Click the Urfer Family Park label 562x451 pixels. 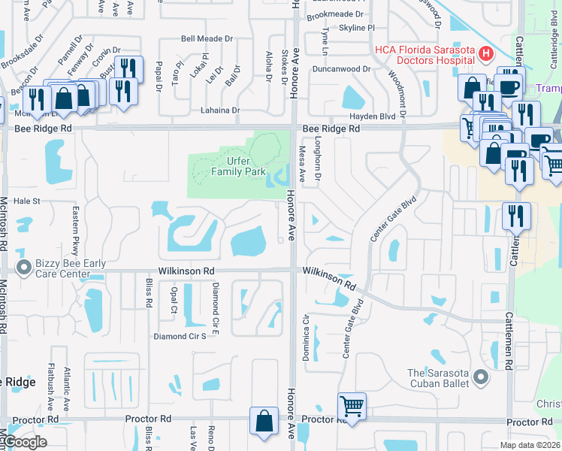click(239, 165)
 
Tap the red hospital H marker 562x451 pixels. click(485, 53)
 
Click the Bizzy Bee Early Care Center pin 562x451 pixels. click(23, 267)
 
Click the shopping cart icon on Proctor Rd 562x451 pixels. click(352, 406)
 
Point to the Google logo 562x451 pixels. click(24, 442)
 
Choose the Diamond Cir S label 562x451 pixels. click(180, 336)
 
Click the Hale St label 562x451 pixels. click(26, 201)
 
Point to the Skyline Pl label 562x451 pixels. click(358, 27)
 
